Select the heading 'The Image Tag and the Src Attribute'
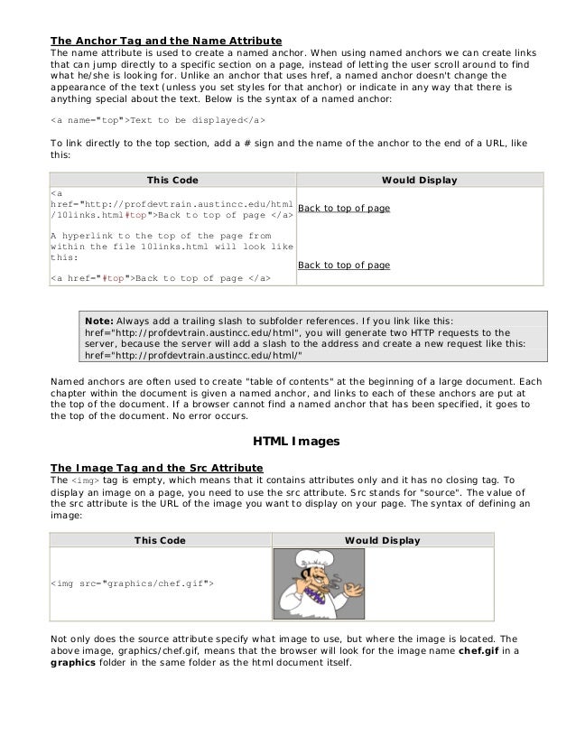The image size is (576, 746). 156,467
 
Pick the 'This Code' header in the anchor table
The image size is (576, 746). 172,181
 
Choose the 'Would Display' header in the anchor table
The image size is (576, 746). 419,181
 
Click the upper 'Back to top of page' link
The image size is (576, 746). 343,209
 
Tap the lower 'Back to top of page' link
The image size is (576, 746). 343,266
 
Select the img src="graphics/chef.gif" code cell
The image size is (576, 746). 132,584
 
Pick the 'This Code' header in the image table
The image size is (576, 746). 160,540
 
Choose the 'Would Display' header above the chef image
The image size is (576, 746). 382,540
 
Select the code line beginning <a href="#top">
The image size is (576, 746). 161,277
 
